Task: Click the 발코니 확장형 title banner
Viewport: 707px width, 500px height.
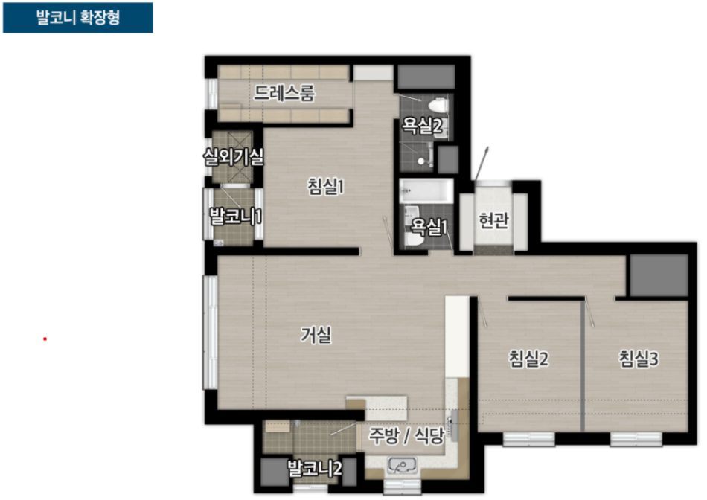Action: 78,18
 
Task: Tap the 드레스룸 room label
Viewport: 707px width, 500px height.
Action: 284,93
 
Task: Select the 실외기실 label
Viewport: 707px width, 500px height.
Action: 233,157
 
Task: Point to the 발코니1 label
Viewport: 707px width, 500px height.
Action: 235,216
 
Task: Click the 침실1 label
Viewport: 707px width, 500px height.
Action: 325,186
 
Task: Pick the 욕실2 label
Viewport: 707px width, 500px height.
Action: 421,126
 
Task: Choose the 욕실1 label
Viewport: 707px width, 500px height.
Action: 429,227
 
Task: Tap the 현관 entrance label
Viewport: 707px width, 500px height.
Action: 493,220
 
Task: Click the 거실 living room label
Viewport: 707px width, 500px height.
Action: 316,335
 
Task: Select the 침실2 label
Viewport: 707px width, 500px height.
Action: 528,359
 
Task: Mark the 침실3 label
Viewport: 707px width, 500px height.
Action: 639,359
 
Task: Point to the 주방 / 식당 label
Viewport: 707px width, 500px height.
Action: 406,435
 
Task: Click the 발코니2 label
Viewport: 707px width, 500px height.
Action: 315,469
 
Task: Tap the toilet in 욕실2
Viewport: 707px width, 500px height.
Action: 438,106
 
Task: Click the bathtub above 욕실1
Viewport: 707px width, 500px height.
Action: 426,190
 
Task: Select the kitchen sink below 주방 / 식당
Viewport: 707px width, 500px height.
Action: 402,465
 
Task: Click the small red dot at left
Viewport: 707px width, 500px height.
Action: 45,339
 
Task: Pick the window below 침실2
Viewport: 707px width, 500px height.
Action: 528,439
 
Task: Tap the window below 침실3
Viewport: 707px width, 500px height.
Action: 636,439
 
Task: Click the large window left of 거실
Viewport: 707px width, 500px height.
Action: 210,333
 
